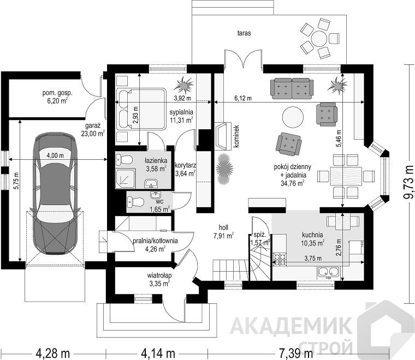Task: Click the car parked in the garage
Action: pos(55,193)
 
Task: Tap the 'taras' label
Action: pos(244,33)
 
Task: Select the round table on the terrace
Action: pos(319,39)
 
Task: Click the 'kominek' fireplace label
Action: pos(236,136)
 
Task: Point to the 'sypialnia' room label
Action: pos(181,112)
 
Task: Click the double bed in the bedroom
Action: pos(141,109)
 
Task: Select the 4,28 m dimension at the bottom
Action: pos(53,353)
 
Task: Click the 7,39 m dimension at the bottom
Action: pos(296,353)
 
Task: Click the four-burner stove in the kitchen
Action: pos(280,259)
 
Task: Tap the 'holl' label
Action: pos(223,227)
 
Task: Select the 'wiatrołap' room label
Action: pos(159,275)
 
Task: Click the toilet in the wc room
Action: pos(135,202)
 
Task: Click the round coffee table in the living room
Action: pos(293,117)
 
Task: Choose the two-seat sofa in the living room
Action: pos(292,88)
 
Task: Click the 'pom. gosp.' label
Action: pos(57,93)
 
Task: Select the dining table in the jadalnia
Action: pos(346,176)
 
